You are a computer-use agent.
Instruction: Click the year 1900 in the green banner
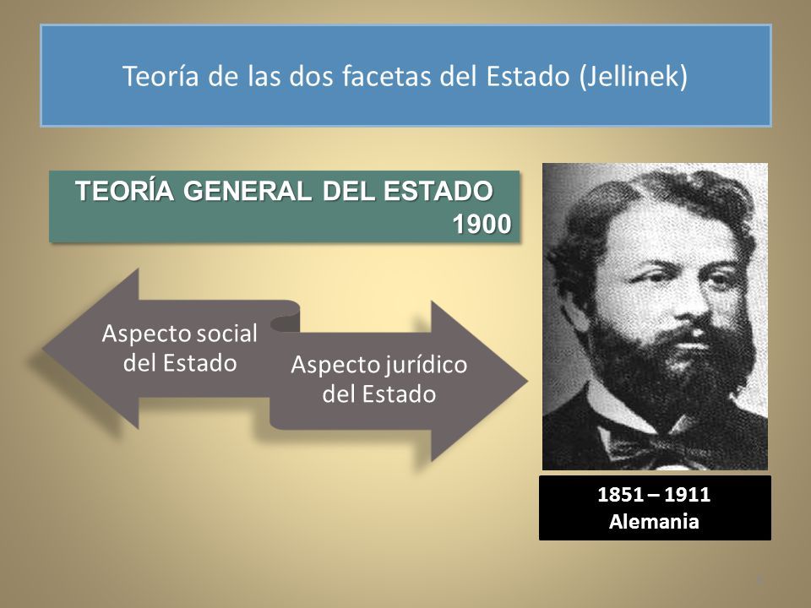[482, 225]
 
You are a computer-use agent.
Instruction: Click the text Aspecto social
[178, 333]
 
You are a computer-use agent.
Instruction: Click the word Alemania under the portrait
[655, 521]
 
